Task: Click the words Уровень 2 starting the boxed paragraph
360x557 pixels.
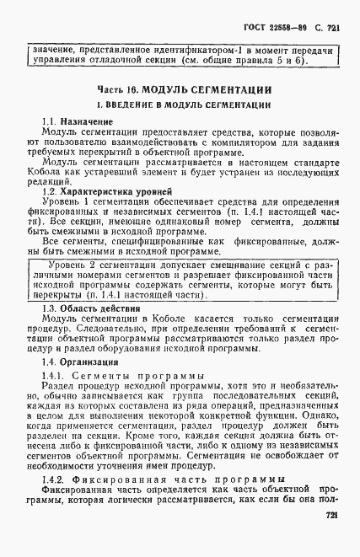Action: click(x=76, y=265)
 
